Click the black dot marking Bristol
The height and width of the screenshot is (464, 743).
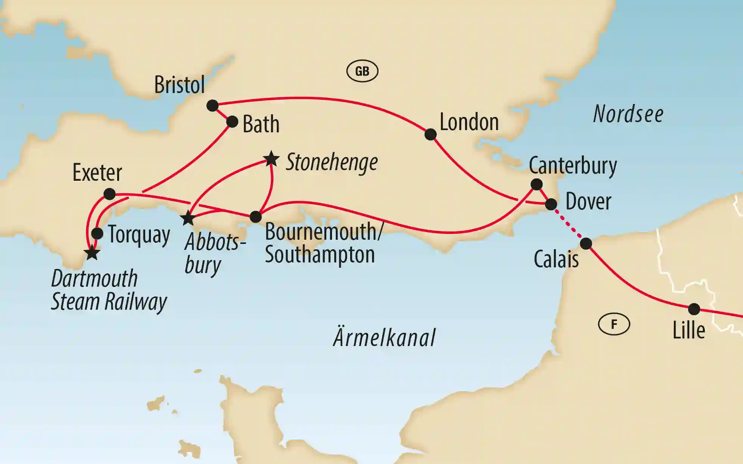point(213,106)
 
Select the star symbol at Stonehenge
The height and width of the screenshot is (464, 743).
point(271,159)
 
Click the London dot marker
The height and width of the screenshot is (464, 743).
point(430,134)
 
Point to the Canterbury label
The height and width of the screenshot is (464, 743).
point(572,166)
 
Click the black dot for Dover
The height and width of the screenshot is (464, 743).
point(551,204)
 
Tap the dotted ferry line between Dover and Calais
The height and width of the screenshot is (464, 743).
point(568,224)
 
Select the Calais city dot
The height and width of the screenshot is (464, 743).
point(586,244)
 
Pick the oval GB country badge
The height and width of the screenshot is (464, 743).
point(362,71)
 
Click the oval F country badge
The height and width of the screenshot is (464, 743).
point(614,324)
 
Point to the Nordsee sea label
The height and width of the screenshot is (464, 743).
point(628,114)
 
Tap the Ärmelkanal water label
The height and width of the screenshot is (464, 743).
point(384,337)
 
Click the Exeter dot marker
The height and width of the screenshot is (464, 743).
point(109,194)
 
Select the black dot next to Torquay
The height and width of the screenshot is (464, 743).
point(97,233)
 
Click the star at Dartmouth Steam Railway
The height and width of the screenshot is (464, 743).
point(92,253)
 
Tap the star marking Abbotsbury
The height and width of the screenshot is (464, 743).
point(188,218)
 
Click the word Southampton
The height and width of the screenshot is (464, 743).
point(320,255)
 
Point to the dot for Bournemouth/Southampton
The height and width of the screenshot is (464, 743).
point(256,217)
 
